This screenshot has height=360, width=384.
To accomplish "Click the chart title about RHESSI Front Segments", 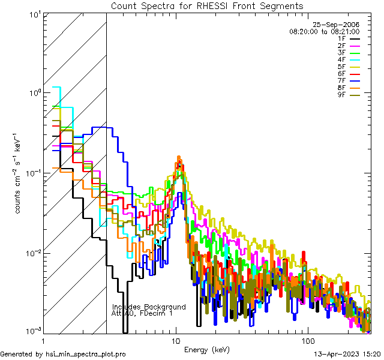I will pyautogui.click(x=207, y=5).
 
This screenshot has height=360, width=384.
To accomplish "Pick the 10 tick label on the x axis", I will pyautogui.click(x=176, y=340).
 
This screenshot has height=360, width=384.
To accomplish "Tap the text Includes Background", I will pyautogui.click(x=149, y=307).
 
